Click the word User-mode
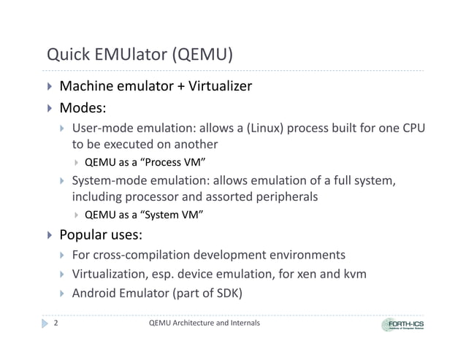100,129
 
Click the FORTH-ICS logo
406,324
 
